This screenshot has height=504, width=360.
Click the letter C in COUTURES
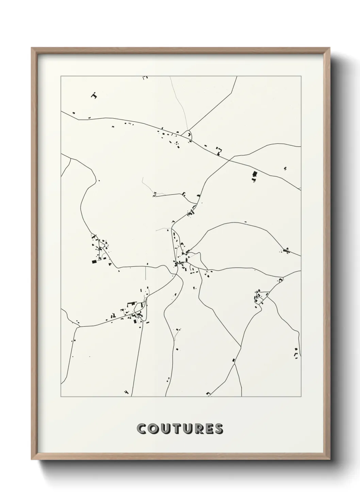point(142,429)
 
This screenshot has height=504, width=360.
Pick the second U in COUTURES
point(186,429)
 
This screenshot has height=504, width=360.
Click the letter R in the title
point(197,429)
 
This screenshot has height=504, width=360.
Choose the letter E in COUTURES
point(208,429)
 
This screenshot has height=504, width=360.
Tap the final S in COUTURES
point(218,429)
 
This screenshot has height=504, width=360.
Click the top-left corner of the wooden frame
point(32,48)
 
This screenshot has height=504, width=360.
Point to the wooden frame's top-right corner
point(329,48)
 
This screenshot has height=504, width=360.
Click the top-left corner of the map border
point(61,76)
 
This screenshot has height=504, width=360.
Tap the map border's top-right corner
point(301,76)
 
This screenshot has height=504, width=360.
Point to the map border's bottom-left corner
point(61,396)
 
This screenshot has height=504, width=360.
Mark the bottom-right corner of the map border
point(301,396)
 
